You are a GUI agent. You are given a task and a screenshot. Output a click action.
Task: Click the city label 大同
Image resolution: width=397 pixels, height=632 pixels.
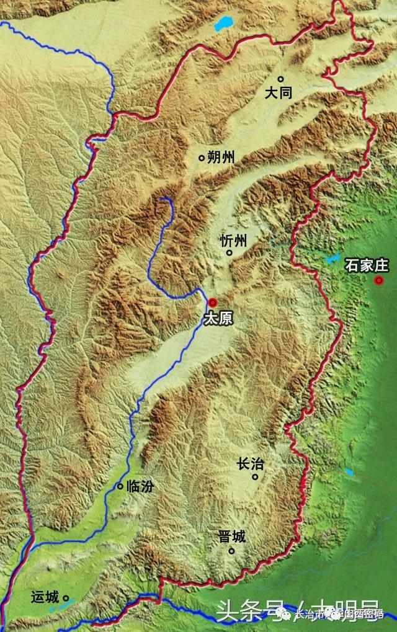278,93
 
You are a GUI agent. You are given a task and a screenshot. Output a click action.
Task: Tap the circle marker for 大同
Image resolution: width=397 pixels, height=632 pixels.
280,79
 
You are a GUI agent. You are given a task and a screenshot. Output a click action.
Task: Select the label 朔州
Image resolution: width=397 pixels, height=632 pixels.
221,158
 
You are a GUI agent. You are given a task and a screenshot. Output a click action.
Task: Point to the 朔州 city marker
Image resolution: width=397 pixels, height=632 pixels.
202,158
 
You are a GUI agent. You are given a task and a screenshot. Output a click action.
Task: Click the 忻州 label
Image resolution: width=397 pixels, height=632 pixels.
233,241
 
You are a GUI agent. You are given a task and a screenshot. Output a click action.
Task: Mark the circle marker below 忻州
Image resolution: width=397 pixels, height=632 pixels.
229,252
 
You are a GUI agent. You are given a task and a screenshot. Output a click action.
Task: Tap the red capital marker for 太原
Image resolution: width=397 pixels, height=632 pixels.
213,302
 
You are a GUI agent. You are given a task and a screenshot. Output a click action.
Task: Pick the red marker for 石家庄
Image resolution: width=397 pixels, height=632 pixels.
379,281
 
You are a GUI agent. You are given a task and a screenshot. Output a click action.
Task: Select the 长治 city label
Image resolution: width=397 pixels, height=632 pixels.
249,463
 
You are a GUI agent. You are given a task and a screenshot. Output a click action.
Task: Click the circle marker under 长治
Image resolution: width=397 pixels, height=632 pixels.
255,476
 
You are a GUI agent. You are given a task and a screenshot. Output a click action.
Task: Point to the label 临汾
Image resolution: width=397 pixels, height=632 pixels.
139,487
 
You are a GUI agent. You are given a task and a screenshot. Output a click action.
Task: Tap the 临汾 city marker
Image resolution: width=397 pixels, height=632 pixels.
120,486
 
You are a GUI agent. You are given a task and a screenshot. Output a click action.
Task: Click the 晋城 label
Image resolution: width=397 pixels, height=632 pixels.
232,536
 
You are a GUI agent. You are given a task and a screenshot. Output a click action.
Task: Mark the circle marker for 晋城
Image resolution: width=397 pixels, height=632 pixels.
231,550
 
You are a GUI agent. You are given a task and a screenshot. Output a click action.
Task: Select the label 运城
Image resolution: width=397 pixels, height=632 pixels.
45,599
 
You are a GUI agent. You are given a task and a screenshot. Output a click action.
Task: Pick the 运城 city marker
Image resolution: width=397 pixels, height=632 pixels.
66,599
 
